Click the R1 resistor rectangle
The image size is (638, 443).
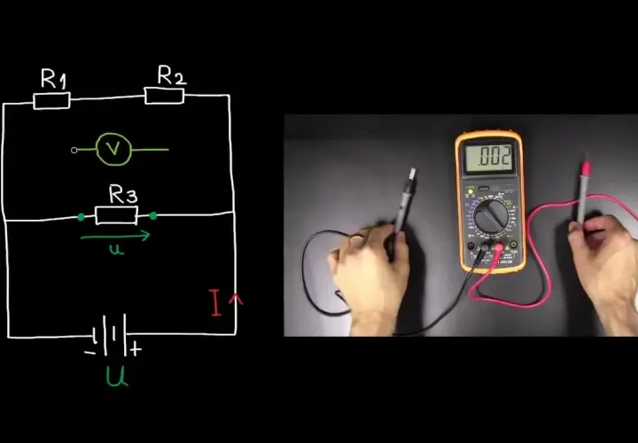coord(51,101)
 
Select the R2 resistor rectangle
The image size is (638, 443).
coord(165,96)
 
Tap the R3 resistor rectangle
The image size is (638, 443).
coord(116,215)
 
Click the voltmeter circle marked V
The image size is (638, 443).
coord(114,150)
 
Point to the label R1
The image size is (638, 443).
coord(53,79)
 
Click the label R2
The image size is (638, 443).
coord(172,74)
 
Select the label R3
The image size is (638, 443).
coord(123,194)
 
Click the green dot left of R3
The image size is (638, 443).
coord(82,217)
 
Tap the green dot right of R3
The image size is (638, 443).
coord(153,215)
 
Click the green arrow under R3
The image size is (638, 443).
coord(115,236)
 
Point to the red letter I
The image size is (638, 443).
coord(214,303)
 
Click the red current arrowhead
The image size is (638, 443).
coord(236,299)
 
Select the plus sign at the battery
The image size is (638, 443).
coord(136,349)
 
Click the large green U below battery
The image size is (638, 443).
coord(117,376)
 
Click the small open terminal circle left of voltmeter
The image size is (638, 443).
coord(74,150)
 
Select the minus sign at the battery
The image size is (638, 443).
coord(89,353)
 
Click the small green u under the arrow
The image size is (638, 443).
coord(117,249)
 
